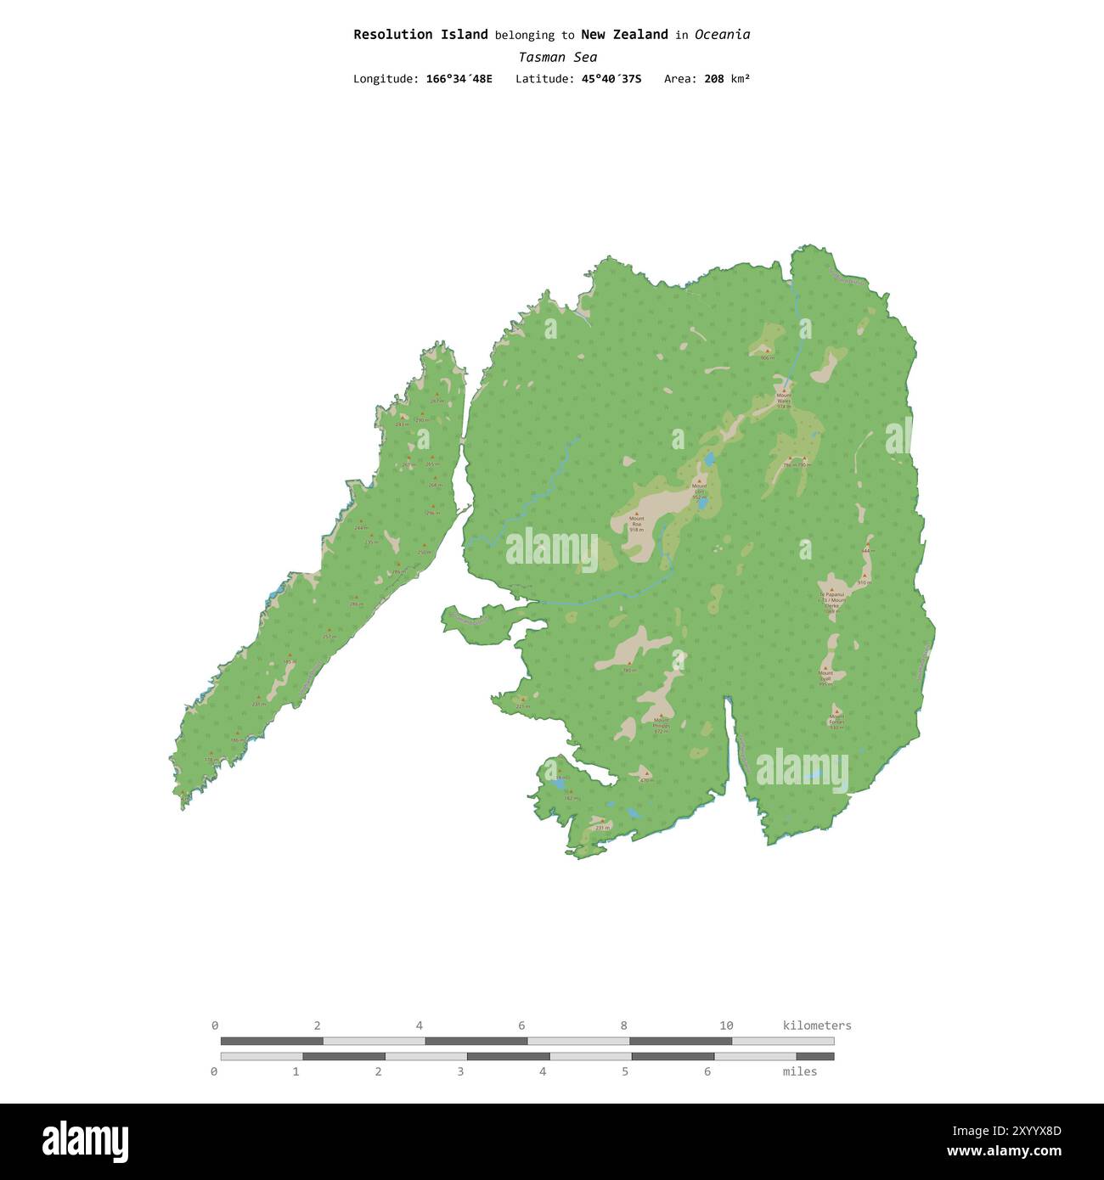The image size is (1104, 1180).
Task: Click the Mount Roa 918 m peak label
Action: tap(636, 523)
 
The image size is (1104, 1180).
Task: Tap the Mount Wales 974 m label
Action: tap(783, 400)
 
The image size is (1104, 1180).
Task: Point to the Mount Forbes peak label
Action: tap(836, 722)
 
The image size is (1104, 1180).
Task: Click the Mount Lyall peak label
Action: tap(825, 677)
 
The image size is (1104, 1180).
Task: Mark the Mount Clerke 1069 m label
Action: tap(831, 602)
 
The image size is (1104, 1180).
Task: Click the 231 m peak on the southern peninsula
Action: tap(601, 826)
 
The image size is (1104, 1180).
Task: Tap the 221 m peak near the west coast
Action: tap(522, 705)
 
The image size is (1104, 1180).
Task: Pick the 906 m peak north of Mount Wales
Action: tap(767, 357)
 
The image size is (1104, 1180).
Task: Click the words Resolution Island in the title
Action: tap(420, 35)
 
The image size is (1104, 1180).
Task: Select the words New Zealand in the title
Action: tap(624, 35)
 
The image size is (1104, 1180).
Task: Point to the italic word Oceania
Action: tap(722, 35)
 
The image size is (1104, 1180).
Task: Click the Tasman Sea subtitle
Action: tap(557, 58)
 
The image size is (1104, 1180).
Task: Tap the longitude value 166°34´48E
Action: tap(459, 79)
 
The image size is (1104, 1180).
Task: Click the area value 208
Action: tap(714, 79)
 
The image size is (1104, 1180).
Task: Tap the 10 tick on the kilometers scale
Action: tap(726, 1025)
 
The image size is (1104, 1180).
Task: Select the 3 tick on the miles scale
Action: tap(460, 1071)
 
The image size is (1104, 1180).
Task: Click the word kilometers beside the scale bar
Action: tap(816, 1025)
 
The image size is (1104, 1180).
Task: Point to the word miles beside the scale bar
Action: tap(799, 1071)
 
